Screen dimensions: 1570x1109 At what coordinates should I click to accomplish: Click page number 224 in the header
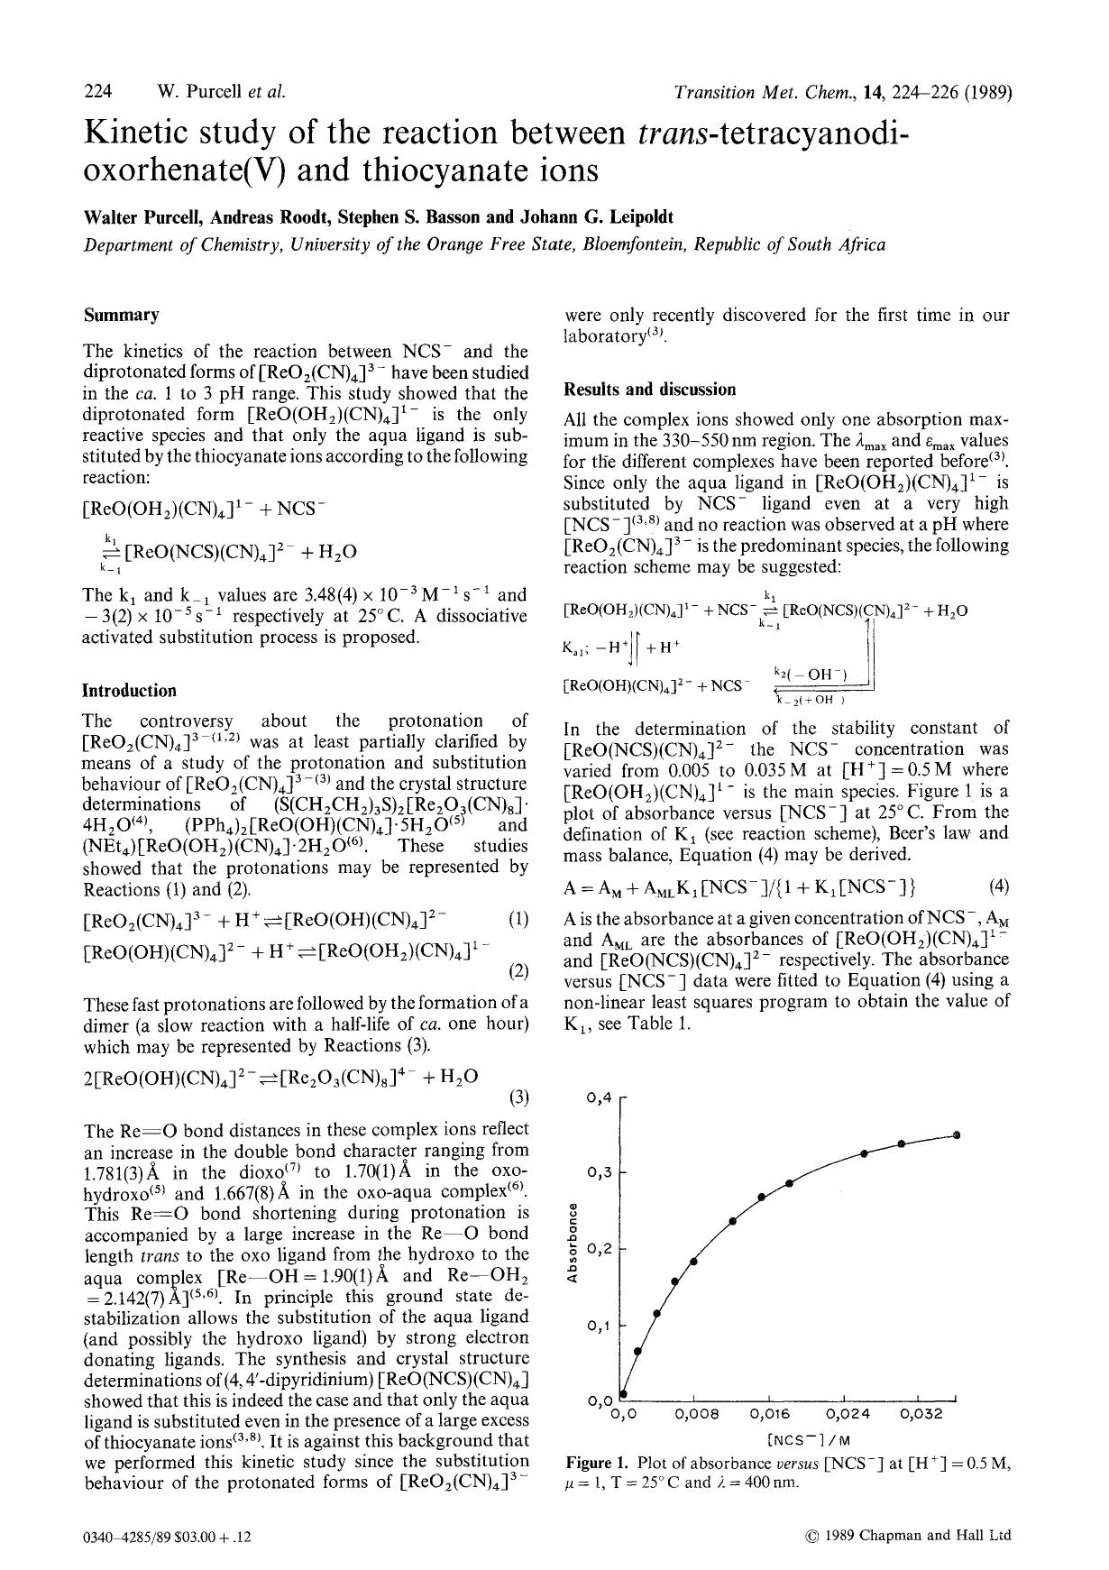point(97,91)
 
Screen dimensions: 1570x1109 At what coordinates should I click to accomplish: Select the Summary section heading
point(121,316)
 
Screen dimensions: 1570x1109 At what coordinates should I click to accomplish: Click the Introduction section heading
point(129,691)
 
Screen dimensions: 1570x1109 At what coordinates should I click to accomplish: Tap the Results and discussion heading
point(649,390)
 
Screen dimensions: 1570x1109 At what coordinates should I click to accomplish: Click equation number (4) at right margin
point(998,886)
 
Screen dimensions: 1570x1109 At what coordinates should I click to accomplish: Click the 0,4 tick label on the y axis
point(599,1097)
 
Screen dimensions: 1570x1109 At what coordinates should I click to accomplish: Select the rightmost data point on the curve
point(957,1134)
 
